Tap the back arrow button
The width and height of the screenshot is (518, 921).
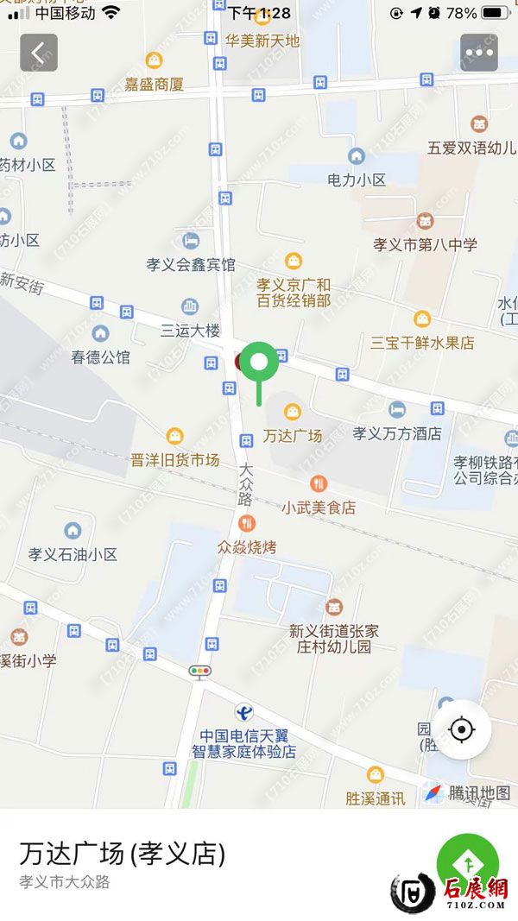[x=39, y=53]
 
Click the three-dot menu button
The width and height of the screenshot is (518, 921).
[x=478, y=53]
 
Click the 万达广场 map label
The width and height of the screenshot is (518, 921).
[x=292, y=435]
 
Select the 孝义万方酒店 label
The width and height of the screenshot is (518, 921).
[x=397, y=433]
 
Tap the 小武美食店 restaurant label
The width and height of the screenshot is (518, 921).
[x=318, y=508]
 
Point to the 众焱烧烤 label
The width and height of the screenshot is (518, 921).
[x=247, y=546]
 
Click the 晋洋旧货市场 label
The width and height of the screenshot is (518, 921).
[x=175, y=460]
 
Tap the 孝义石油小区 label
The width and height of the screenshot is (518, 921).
[x=73, y=554]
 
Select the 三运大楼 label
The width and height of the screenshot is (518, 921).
[x=191, y=330]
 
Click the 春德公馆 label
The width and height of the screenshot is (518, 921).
[x=101, y=356]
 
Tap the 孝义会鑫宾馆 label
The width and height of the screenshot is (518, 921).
[x=191, y=264]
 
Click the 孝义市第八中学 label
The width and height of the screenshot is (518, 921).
[x=425, y=244]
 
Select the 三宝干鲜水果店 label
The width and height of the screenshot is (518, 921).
[x=422, y=342]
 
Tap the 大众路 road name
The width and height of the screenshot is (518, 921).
[x=246, y=483]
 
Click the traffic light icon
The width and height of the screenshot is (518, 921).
[x=200, y=670]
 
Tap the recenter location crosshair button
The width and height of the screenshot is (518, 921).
[x=462, y=730]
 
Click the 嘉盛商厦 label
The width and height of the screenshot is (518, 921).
[x=154, y=84]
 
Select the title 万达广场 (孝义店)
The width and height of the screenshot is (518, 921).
[x=122, y=854]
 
